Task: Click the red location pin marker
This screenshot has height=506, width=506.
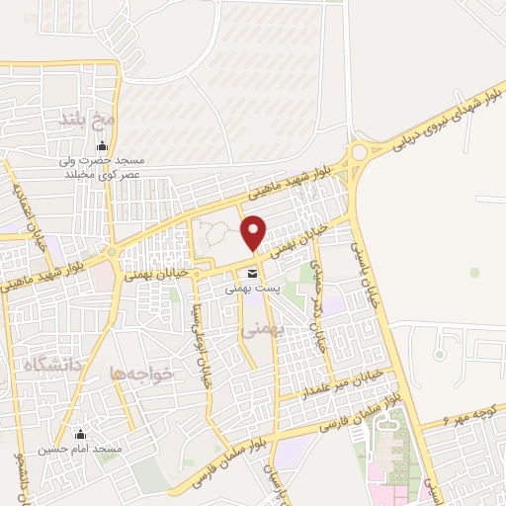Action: click(254, 232)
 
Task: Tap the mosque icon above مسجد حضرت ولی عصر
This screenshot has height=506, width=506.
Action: click(101, 147)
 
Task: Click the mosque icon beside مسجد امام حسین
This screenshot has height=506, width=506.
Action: click(81, 435)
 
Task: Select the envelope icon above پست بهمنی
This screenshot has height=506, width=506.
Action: click(253, 273)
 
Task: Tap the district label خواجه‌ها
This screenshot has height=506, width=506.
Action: click(144, 373)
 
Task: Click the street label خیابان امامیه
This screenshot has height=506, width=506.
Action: click(36, 213)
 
